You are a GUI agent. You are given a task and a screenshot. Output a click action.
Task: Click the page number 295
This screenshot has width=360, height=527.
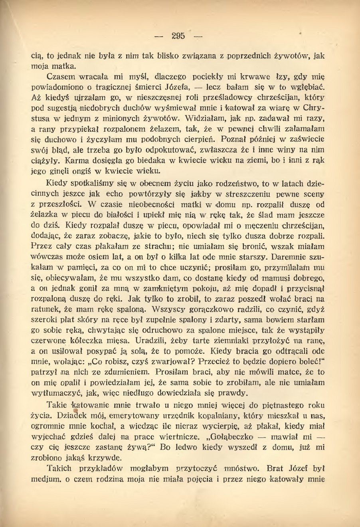(x=178, y=36)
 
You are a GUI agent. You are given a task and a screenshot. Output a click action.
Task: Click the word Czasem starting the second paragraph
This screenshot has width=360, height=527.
(x=59, y=76)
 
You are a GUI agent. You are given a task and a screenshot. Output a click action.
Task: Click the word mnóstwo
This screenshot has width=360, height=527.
(x=241, y=468)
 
